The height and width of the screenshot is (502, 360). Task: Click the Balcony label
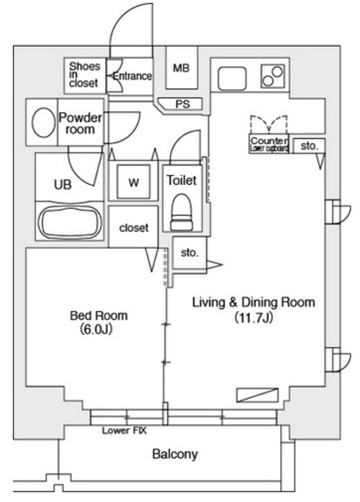click(174, 454)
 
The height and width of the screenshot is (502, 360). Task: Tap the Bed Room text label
click(98, 316)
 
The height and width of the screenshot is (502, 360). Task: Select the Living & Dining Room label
click(253, 302)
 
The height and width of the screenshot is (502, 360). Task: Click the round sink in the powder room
click(42, 124)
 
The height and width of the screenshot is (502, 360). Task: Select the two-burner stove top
click(272, 76)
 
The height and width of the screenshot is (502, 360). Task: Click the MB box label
click(181, 68)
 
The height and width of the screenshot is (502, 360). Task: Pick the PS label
click(182, 104)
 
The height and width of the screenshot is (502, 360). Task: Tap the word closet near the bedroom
click(133, 228)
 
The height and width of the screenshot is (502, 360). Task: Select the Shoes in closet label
click(84, 75)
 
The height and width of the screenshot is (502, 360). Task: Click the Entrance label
click(132, 76)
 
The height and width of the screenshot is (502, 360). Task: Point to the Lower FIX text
click(124, 430)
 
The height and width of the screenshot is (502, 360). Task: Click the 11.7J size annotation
click(253, 318)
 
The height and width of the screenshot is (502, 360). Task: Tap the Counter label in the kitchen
click(268, 141)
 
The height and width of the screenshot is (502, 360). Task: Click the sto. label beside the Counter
click(308, 146)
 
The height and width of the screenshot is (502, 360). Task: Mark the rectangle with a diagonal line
click(257, 395)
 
